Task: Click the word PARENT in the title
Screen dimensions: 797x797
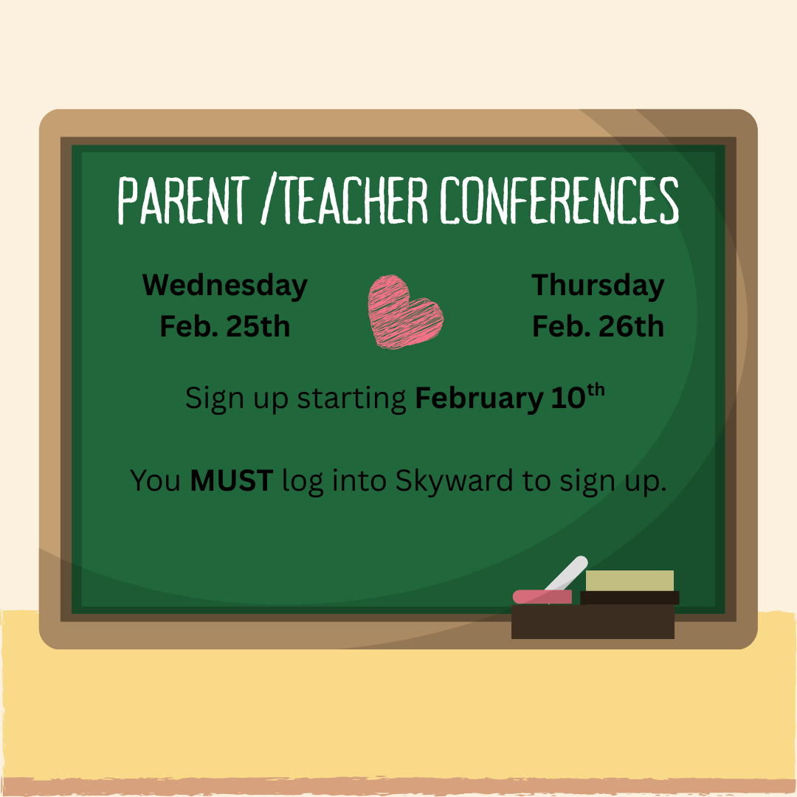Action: click(184, 200)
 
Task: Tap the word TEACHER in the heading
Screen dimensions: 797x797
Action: click(354, 200)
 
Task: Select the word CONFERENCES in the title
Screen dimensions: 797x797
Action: click(559, 200)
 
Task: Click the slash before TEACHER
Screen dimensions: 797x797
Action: click(269, 199)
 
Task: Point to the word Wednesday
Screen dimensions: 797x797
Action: click(224, 286)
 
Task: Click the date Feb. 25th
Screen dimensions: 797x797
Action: click(224, 326)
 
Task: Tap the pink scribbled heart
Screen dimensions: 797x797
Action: click(405, 311)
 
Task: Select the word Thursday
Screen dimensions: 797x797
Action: click(598, 286)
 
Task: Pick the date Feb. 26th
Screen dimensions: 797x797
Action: click(598, 326)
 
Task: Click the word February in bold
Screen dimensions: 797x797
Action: click(480, 399)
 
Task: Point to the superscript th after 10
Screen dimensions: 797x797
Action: click(596, 390)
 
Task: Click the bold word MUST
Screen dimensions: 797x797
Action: click(231, 480)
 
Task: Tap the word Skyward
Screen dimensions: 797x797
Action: click(454, 481)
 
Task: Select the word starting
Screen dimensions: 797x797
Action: click(351, 399)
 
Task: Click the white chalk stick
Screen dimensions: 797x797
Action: click(566, 573)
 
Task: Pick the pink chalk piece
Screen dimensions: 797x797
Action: click(542, 597)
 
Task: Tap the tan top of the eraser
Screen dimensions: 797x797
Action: click(629, 581)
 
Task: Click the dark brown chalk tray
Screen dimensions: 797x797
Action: click(593, 621)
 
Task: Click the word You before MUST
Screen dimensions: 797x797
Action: click(155, 481)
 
